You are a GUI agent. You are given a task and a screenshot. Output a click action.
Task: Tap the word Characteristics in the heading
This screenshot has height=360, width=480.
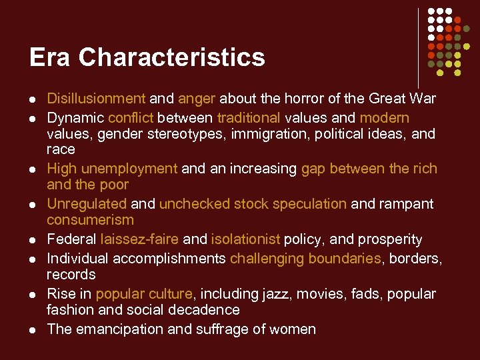pos(171,57)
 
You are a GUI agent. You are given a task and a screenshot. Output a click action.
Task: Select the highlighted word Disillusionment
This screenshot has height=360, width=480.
pos(95,99)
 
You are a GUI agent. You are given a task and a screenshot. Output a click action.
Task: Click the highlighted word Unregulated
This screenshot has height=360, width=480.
pos(86,204)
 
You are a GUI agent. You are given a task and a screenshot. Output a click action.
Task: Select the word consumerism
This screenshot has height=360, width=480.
pos(90,220)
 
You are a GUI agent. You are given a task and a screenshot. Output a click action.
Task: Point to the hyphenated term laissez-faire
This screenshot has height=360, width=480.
pos(139,239)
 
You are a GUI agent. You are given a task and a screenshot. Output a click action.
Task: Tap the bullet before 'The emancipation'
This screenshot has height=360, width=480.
pos(31,330)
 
